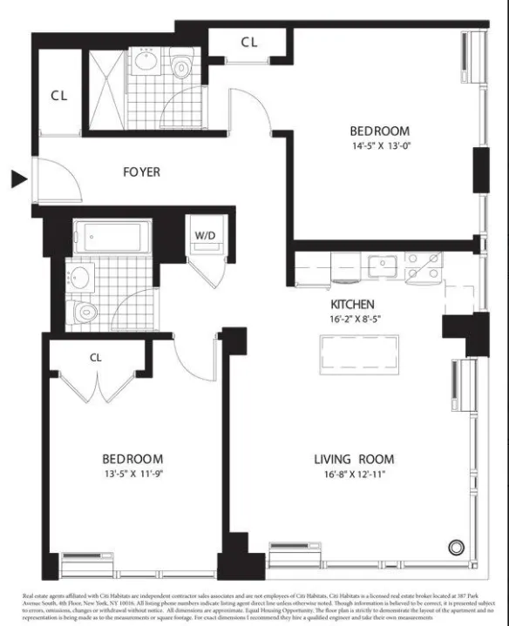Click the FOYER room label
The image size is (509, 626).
pyautogui.click(x=140, y=172)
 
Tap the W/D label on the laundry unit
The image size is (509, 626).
pyautogui.click(x=206, y=235)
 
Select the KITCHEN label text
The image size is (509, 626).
pyautogui.click(x=352, y=305)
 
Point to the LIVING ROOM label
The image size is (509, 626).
pyautogui.click(x=354, y=459)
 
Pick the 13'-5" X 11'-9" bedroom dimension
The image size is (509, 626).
pyautogui.click(x=132, y=475)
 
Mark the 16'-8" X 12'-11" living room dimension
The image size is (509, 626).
pyautogui.click(x=354, y=475)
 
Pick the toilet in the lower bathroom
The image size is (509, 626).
pyautogui.click(x=84, y=311)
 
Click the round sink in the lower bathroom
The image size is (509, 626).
pyautogui.click(x=81, y=279)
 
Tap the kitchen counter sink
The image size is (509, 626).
pyautogui.click(x=382, y=264)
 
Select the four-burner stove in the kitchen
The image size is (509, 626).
pyautogui.click(x=423, y=265)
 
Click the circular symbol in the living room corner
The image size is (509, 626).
pyautogui.click(x=455, y=548)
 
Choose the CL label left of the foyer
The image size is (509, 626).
pyautogui.click(x=58, y=96)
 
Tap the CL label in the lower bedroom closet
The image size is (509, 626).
pyautogui.click(x=97, y=357)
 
